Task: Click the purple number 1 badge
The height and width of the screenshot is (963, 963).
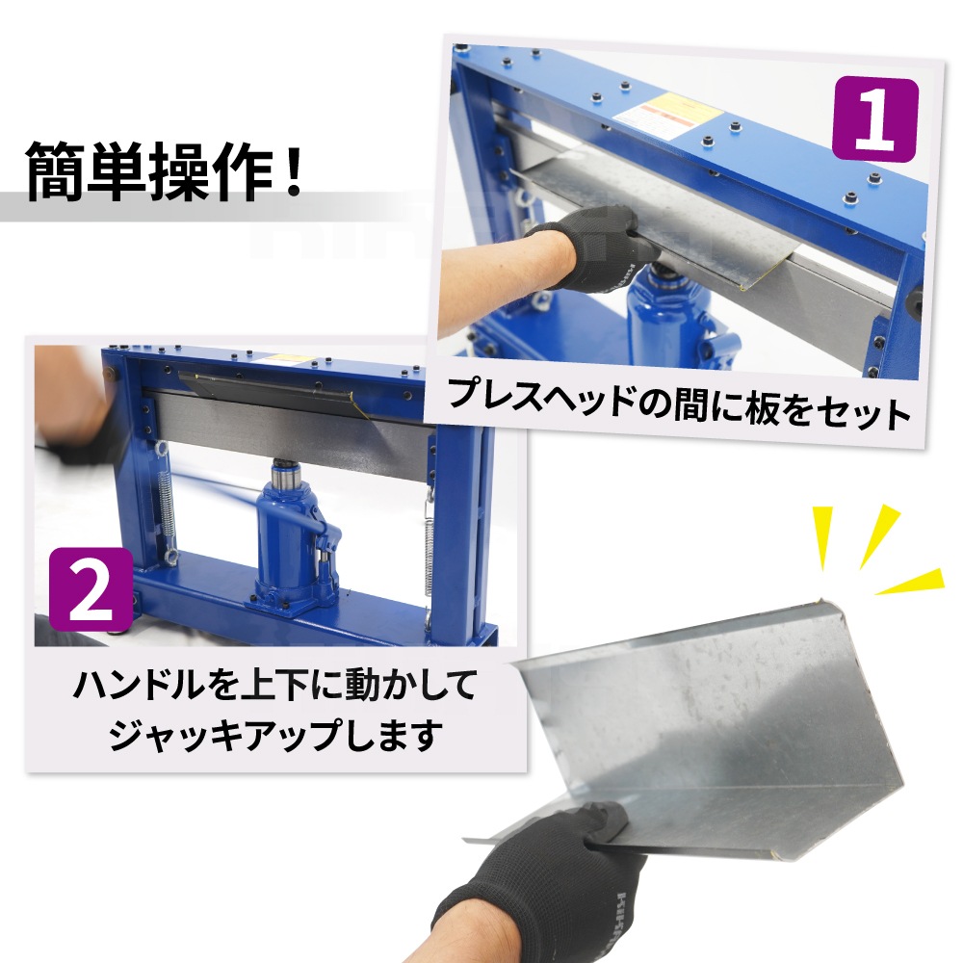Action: (874, 119)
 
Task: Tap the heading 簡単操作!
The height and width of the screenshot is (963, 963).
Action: (165, 171)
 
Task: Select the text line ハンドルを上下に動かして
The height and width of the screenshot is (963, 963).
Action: (275, 685)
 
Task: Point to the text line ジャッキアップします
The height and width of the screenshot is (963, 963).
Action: (275, 734)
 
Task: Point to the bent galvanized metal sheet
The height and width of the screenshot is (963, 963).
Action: (706, 731)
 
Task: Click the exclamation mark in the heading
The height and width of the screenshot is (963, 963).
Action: (294, 169)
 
